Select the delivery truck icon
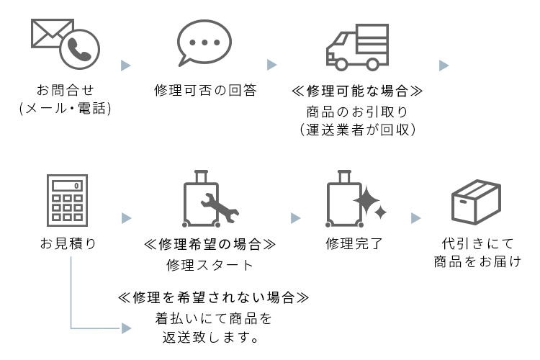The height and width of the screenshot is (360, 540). point(357,45)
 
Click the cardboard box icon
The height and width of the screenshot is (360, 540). point(474,202)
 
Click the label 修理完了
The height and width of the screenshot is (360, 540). point(354,243)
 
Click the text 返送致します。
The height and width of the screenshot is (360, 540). point(213,336)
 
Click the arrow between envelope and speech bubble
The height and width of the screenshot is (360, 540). point(125,66)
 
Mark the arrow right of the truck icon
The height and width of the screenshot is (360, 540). point(444,66)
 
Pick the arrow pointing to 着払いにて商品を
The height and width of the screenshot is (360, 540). point(126,328)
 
